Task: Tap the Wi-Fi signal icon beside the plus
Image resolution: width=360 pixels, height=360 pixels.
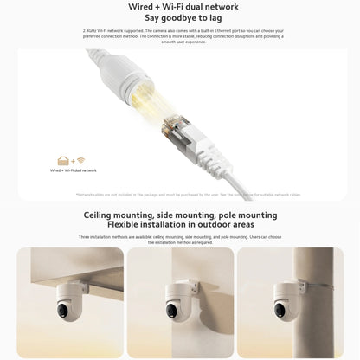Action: click(80, 161)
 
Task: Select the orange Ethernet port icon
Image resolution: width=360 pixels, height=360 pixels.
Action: click(63, 161)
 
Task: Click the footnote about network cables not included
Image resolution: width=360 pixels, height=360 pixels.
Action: click(180, 195)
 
